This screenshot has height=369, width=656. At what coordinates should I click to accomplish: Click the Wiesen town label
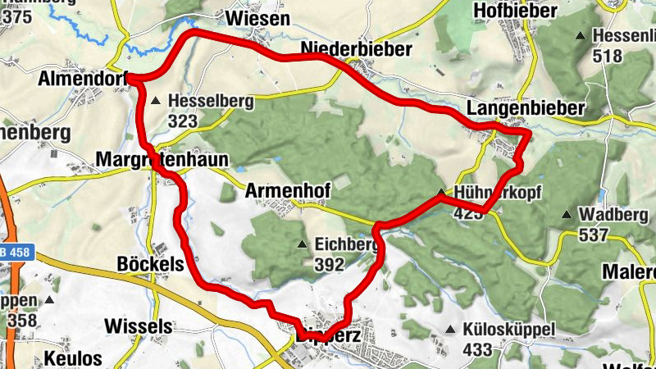258,18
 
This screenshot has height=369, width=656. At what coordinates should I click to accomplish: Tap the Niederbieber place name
356,50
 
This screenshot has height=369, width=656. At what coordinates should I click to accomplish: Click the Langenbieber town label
525,109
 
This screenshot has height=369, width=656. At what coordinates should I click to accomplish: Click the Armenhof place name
287,191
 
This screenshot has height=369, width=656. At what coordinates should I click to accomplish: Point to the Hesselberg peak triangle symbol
156,101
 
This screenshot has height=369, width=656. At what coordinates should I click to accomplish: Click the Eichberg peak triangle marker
302,244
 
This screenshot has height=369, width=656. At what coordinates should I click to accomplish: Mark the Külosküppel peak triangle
449,330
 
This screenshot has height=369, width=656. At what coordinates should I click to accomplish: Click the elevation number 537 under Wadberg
592,235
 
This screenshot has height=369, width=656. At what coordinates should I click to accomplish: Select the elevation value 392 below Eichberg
328,264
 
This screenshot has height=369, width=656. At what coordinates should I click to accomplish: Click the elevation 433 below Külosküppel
476,350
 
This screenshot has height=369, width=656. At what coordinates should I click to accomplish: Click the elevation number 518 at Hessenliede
607,56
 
